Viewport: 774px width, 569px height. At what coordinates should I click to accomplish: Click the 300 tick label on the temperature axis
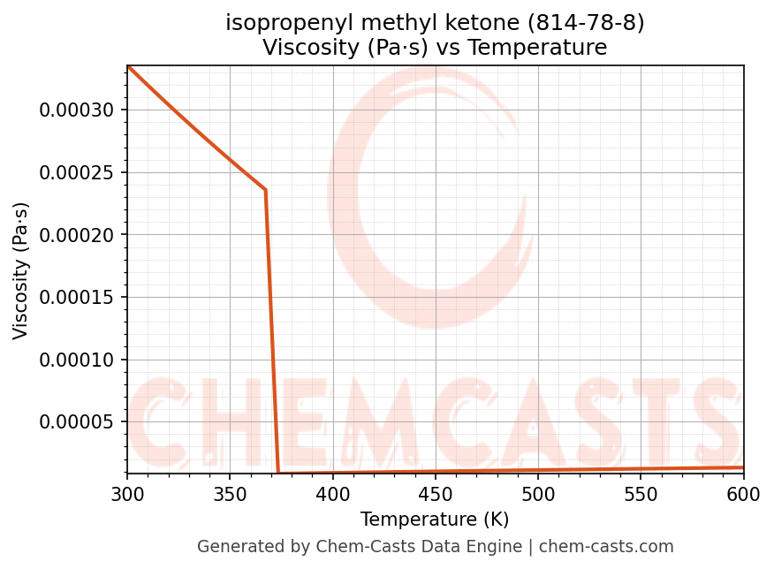[x=127, y=496]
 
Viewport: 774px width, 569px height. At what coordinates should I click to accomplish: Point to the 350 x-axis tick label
[x=230, y=496]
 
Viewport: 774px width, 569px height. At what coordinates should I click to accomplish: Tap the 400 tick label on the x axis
[x=332, y=496]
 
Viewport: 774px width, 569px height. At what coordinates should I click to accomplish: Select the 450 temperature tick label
[x=435, y=496]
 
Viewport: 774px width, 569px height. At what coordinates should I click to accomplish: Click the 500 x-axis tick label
[x=538, y=496]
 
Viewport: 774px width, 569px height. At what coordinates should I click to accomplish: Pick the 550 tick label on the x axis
[x=641, y=496]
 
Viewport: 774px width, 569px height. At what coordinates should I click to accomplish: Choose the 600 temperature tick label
[x=743, y=496]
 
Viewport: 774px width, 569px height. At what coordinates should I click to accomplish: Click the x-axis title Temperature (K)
[x=435, y=520]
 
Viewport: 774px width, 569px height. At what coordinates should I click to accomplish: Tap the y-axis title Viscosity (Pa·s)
[x=22, y=270]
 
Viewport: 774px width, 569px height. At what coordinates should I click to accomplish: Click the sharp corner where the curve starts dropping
[x=265, y=190]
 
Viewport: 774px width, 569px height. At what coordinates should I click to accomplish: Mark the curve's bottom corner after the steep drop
[x=278, y=473]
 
